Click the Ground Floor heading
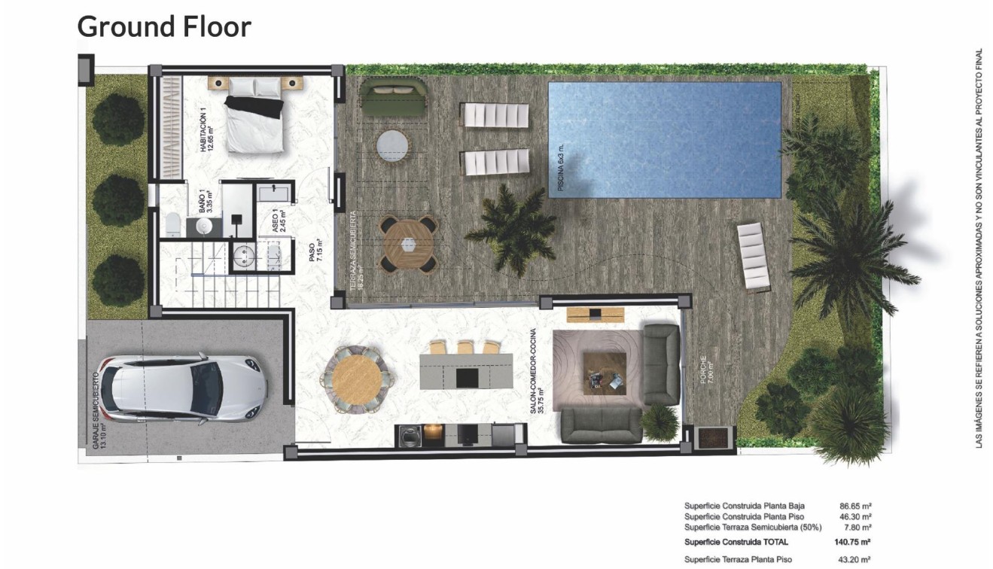[x=164, y=27]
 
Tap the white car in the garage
[x=185, y=388]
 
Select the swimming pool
[x=664, y=139]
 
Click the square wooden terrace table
[x=408, y=244]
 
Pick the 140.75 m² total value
[x=855, y=542]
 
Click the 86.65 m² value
[x=855, y=507]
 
